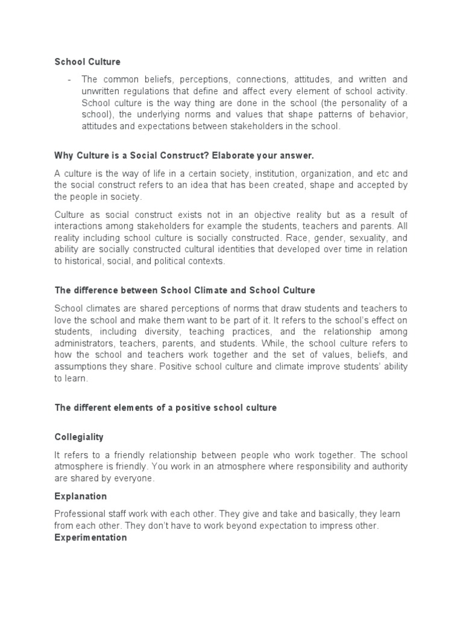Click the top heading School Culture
point(87,62)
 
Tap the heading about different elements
point(165,408)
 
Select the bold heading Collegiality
point(78,436)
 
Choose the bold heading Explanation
point(80,496)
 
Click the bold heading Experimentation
point(90,537)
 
